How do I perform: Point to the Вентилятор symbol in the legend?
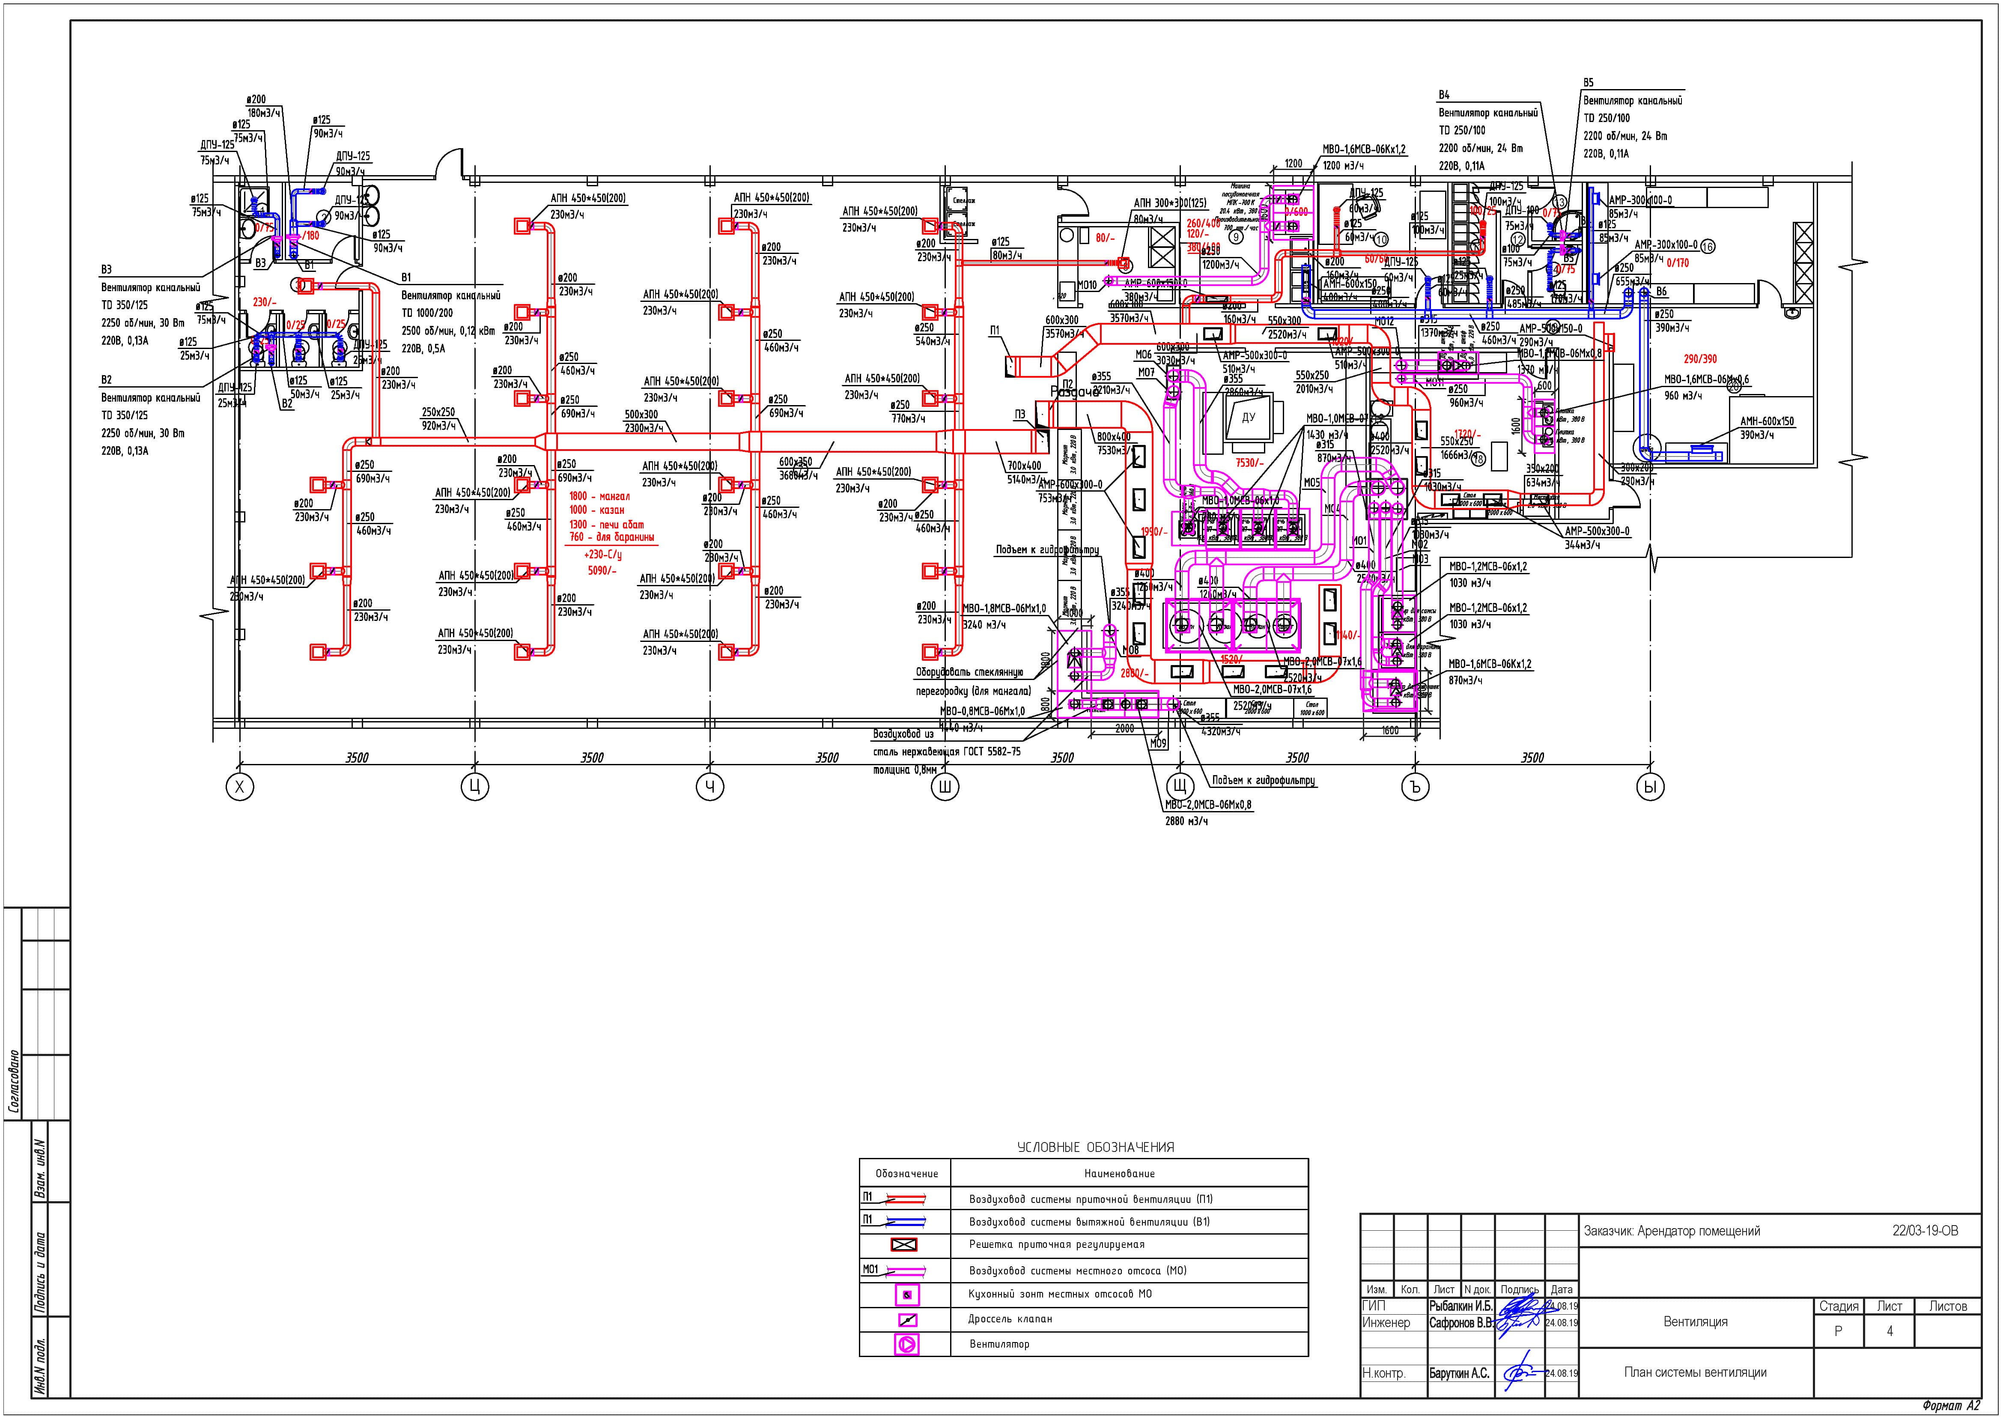coord(906,1345)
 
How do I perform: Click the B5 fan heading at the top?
coord(1589,83)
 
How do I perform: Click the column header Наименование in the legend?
coord(1119,1174)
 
